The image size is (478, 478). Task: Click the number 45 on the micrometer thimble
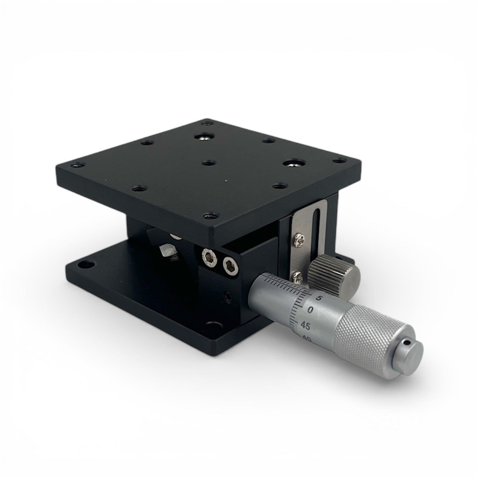tap(306, 326)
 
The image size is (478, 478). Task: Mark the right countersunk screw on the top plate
tap(292, 164)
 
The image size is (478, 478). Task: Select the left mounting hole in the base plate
tap(88, 264)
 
